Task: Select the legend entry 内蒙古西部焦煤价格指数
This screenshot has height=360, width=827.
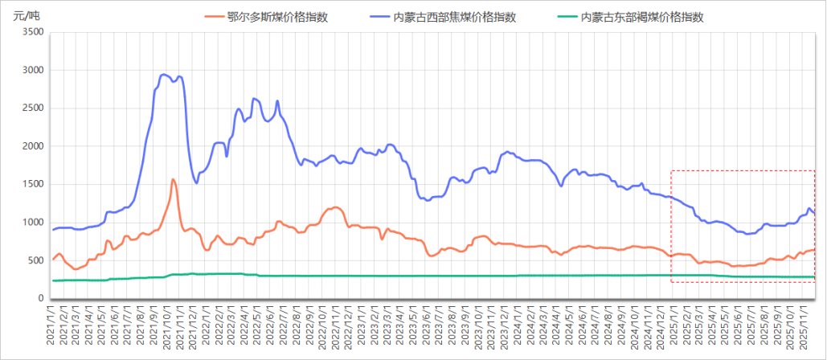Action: click(x=454, y=17)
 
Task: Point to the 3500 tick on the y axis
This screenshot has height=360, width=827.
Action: click(x=31, y=32)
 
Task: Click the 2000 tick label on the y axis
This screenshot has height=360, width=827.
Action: click(x=31, y=146)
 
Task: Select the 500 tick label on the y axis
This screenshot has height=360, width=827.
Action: click(x=35, y=260)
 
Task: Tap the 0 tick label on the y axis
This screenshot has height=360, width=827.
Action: click(x=41, y=299)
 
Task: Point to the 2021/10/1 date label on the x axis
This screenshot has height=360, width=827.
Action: click(x=164, y=329)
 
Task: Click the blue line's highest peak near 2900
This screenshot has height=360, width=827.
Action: click(x=164, y=75)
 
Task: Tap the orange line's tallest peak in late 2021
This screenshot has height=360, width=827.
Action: click(x=173, y=179)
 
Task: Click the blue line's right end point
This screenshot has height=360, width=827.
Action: click(x=814, y=214)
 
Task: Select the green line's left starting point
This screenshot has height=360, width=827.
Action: click(x=53, y=280)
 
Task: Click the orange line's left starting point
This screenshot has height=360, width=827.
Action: click(x=53, y=259)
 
